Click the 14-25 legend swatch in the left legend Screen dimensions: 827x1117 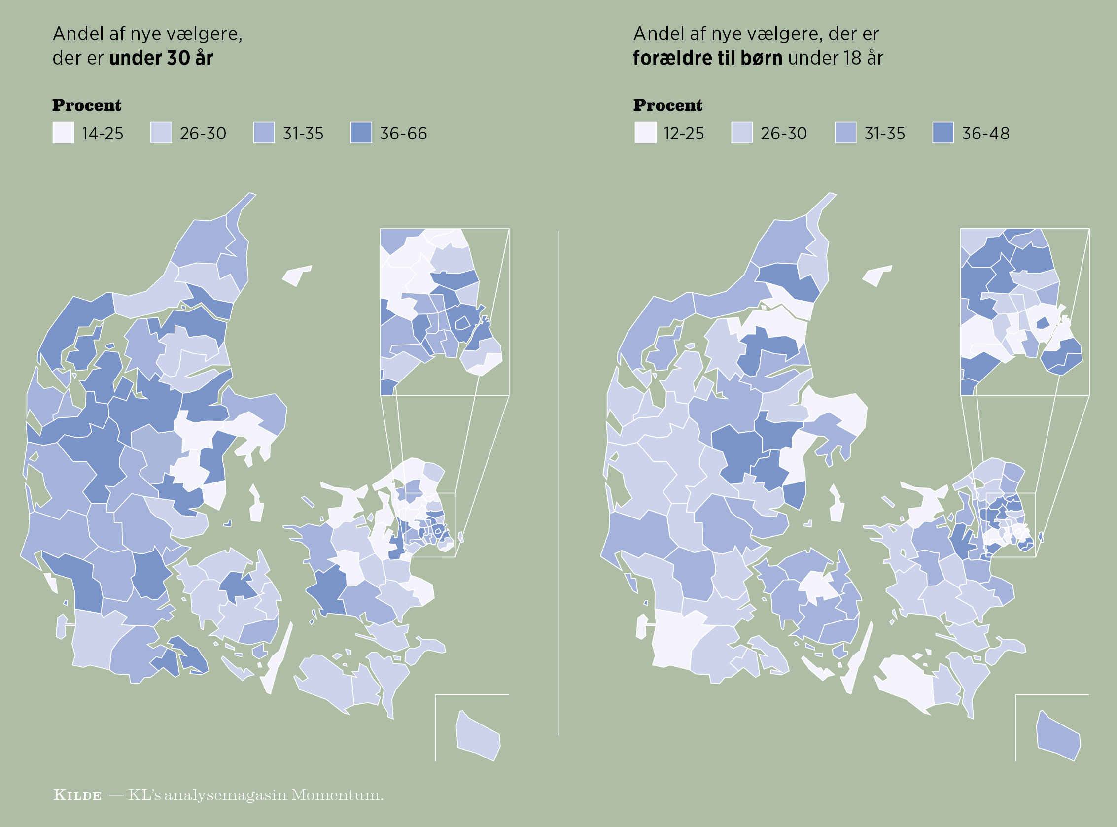[x=64, y=133]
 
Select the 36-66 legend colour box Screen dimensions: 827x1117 [x=361, y=133]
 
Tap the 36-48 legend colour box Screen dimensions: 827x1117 [x=943, y=133]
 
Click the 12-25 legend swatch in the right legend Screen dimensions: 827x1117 [x=645, y=133]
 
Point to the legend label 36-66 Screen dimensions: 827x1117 [x=403, y=134]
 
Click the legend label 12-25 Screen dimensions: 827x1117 [x=683, y=134]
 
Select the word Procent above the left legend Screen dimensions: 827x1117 [x=87, y=105]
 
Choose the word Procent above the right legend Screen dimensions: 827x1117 [x=667, y=105]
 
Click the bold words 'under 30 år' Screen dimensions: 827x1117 [x=161, y=58]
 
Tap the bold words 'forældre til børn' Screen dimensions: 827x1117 [x=707, y=58]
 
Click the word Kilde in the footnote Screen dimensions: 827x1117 [x=77, y=795]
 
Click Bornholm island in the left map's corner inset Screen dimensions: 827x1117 [x=478, y=736]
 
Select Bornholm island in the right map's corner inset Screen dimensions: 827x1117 [x=1058, y=736]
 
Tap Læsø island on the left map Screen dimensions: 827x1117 [x=297, y=275]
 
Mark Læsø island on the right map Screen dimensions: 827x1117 [x=877, y=275]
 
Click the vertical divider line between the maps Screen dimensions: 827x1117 [x=558, y=481]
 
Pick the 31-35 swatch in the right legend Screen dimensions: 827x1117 [x=845, y=133]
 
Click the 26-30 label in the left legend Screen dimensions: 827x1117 [x=203, y=134]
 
